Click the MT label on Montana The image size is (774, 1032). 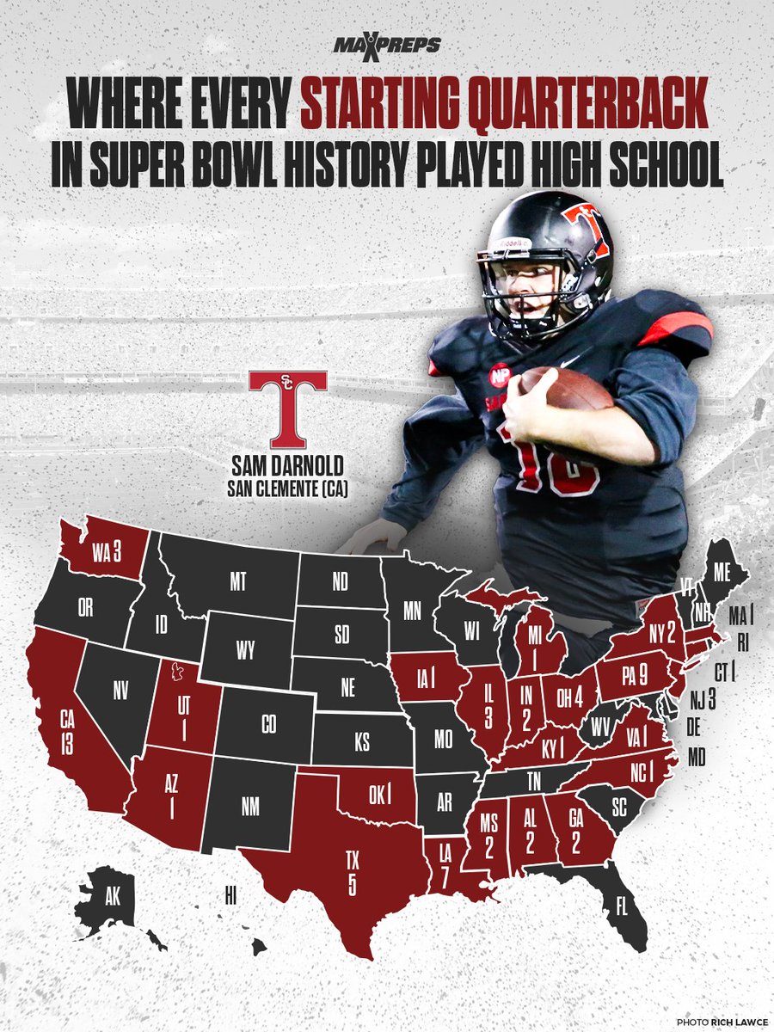(x=238, y=582)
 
